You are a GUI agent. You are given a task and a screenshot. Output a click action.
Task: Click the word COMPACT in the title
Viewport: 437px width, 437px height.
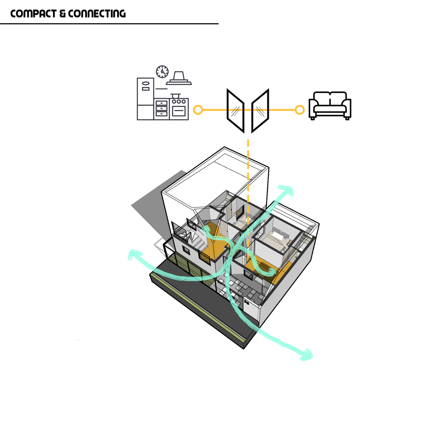32,14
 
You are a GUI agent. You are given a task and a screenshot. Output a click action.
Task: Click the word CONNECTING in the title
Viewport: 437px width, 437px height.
97,14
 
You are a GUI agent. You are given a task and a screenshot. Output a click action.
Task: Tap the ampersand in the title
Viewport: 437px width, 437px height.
62,14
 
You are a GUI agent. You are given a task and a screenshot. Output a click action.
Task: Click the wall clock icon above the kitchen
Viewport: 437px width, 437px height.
162,71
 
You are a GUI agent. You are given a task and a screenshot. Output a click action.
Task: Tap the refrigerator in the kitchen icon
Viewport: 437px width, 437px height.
145,99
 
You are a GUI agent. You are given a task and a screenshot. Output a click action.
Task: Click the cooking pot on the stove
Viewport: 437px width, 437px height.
175,95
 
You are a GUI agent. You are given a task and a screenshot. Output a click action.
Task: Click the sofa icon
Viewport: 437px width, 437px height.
330,105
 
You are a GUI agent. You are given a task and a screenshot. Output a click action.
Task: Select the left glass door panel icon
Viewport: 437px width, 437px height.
235,110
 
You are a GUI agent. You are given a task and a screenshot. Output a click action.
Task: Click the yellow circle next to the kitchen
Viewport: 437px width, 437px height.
198,110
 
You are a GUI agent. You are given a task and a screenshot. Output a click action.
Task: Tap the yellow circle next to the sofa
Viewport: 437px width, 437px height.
299,110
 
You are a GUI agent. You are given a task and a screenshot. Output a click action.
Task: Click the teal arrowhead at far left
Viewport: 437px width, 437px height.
133,255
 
